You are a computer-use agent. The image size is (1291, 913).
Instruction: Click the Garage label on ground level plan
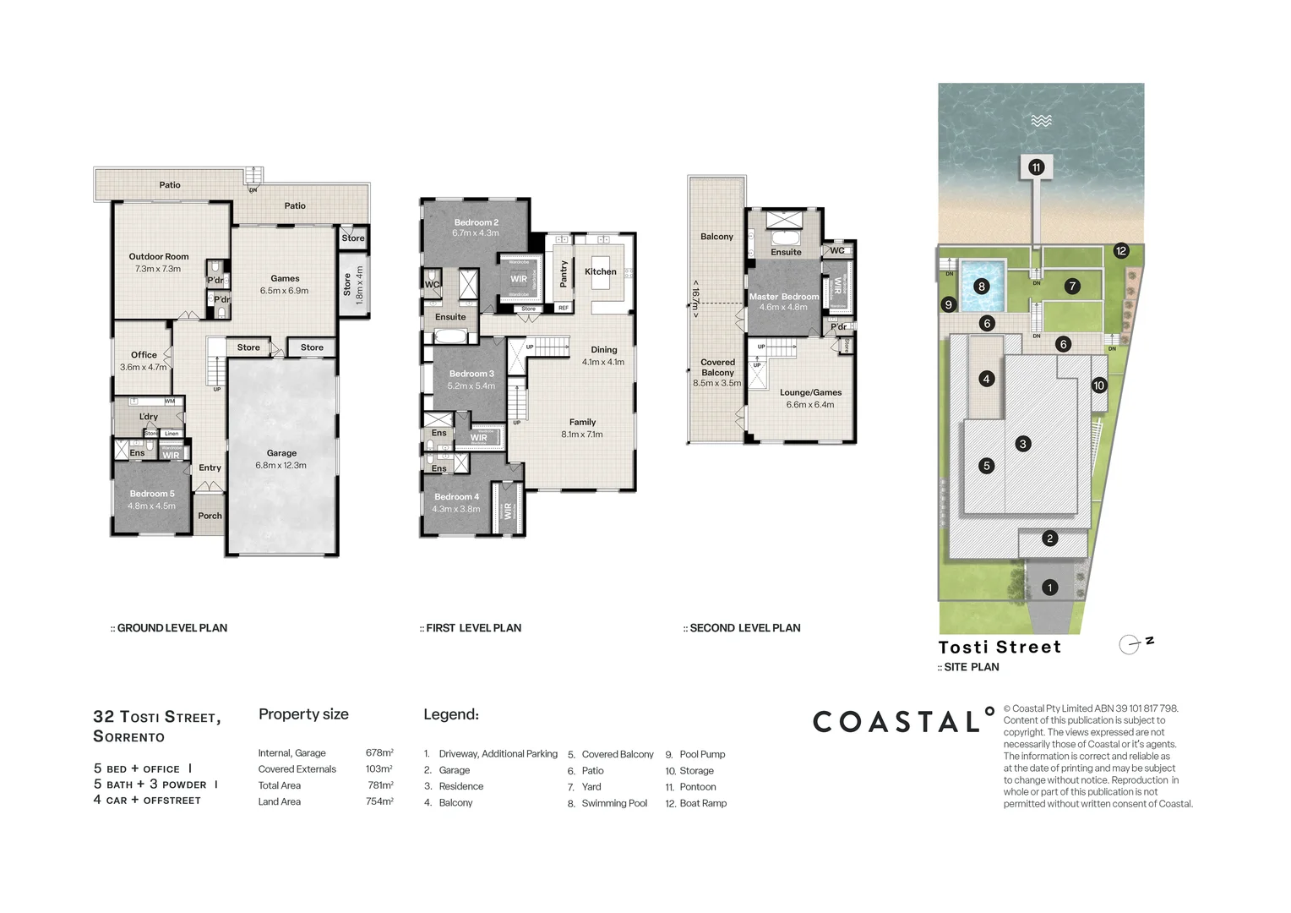[x=281, y=453]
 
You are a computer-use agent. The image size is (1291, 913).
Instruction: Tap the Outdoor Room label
[x=159, y=256]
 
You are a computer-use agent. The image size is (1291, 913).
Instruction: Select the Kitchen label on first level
[x=600, y=271]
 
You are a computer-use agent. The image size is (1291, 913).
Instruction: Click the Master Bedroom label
[x=783, y=297]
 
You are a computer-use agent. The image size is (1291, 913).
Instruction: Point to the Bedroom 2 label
[x=476, y=222]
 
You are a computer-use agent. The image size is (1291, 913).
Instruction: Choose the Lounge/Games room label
[x=810, y=392]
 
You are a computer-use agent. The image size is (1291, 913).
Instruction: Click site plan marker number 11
[x=1036, y=167]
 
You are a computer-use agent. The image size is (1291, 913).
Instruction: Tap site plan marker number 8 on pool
[x=981, y=287]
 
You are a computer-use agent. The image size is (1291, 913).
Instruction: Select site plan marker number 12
[x=1120, y=251]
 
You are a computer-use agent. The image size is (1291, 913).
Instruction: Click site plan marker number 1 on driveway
[x=1049, y=588]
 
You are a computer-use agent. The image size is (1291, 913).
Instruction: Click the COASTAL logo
[x=903, y=721]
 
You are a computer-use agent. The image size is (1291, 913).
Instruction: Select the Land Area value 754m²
[x=379, y=801]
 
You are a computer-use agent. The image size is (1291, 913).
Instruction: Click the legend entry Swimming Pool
[x=614, y=803]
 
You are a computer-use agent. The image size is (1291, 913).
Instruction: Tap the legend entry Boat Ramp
[x=703, y=803]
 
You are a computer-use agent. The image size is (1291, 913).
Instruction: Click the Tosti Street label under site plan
[x=1000, y=648]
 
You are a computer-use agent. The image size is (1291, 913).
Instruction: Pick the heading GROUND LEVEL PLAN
[x=172, y=628]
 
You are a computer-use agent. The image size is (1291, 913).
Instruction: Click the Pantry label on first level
[x=564, y=274]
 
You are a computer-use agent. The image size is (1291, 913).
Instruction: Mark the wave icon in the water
[x=1041, y=121]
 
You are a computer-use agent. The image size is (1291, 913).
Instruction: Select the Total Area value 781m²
[x=379, y=785]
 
